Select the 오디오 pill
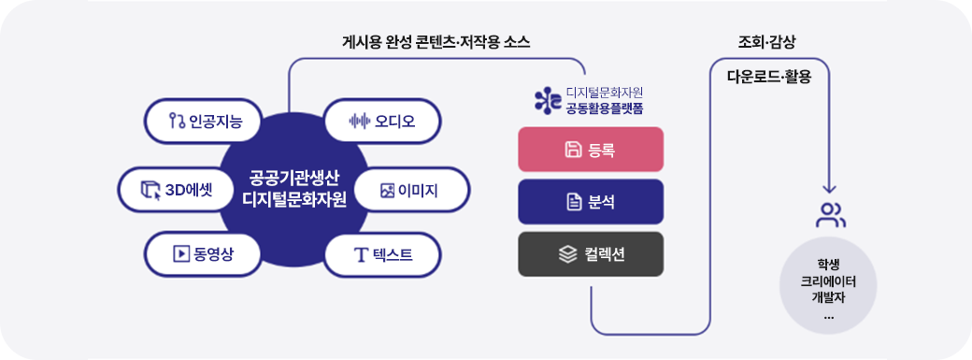(x=381, y=121)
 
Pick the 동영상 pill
(x=204, y=253)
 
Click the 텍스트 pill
(x=381, y=253)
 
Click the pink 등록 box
(x=591, y=149)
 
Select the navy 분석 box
(x=591, y=201)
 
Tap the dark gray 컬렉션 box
(x=591, y=253)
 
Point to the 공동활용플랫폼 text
(x=605, y=108)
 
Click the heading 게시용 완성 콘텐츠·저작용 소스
(x=436, y=42)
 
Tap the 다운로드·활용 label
(x=769, y=77)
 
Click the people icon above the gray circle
(x=830, y=215)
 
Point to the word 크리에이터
(x=829, y=281)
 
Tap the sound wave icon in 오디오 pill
(x=358, y=122)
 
